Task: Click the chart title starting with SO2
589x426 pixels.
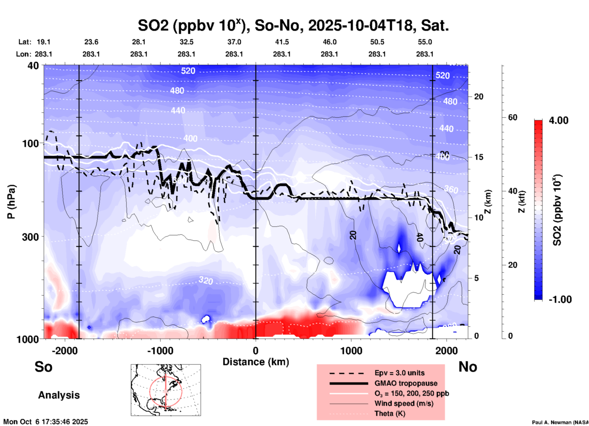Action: click(293, 26)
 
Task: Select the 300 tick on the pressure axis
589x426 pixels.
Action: click(30, 237)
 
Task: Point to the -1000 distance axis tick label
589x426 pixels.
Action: click(160, 351)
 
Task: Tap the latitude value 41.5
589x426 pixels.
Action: click(282, 42)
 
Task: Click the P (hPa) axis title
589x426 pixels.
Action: click(11, 202)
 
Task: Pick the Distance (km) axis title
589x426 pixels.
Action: click(256, 362)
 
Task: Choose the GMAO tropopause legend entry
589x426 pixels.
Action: click(406, 383)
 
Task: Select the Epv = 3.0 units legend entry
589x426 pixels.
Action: click(399, 373)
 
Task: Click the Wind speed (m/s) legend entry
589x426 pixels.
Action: click(404, 403)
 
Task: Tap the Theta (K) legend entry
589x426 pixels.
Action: click(390, 413)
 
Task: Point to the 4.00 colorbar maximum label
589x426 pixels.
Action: click(558, 120)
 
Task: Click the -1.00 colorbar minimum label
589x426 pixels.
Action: click(560, 299)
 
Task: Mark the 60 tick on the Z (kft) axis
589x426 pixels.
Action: click(513, 117)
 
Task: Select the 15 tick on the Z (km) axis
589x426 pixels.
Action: click(479, 157)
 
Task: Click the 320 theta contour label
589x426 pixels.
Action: click(206, 280)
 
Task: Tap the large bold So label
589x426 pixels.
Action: click(43, 367)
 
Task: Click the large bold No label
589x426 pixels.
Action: click(468, 367)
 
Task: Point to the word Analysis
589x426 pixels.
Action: click(59, 395)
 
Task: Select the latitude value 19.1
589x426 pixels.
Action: click(43, 42)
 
